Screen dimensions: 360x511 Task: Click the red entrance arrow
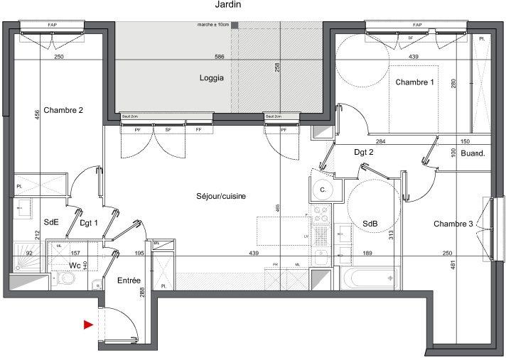(x=88, y=325)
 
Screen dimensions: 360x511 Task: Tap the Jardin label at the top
(x=227, y=4)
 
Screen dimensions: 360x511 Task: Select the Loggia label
(x=211, y=79)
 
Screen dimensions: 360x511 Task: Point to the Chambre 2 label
(x=63, y=110)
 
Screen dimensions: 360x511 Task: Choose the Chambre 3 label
(x=453, y=224)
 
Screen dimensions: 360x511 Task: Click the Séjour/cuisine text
(x=221, y=196)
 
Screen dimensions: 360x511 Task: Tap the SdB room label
(x=370, y=224)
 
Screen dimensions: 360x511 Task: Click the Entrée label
(x=129, y=281)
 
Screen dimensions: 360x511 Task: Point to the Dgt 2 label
(x=364, y=152)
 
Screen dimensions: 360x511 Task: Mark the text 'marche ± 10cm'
(x=213, y=25)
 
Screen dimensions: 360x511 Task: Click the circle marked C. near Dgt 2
(x=322, y=190)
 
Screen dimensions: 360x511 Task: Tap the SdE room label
(x=50, y=223)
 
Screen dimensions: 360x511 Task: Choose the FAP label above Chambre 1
(x=416, y=25)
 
